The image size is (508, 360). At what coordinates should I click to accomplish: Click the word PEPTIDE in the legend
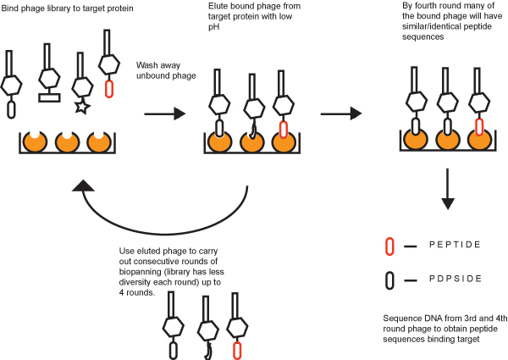(x=455, y=245)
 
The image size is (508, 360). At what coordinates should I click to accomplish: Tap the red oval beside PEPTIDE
(x=390, y=246)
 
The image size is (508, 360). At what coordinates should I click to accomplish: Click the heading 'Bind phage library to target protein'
(x=67, y=8)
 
